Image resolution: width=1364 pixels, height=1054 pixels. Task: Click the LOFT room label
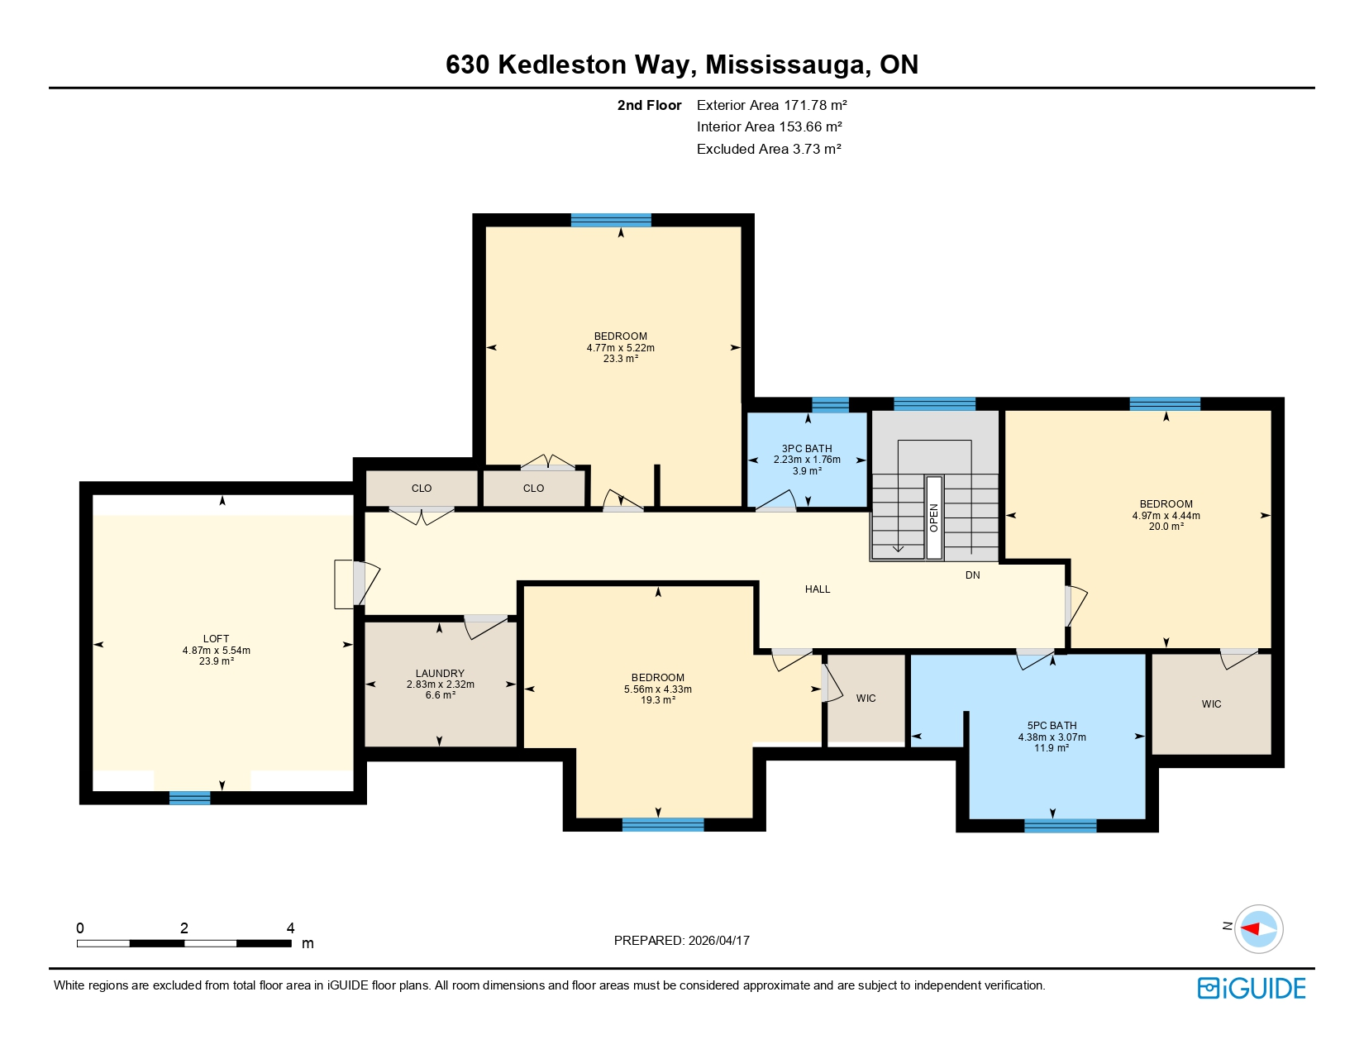(216, 639)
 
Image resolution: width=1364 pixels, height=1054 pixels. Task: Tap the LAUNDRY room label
(440, 674)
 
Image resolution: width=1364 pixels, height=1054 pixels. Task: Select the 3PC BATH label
(807, 449)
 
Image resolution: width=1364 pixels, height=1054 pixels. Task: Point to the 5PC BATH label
(1052, 726)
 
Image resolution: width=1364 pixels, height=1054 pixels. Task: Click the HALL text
(818, 589)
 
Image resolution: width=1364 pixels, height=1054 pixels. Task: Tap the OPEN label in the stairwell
(934, 517)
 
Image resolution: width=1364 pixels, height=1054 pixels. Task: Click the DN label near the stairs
(973, 575)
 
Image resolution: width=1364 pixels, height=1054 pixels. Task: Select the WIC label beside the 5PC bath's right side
(1211, 704)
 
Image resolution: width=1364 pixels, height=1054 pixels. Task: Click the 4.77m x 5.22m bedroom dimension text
(620, 348)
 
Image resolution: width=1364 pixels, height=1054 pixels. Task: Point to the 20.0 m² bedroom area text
(1166, 527)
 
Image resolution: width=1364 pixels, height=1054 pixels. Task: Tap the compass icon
(1258, 928)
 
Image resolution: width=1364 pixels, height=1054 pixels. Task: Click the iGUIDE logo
(1252, 988)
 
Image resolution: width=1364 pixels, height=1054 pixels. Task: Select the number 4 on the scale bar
(290, 928)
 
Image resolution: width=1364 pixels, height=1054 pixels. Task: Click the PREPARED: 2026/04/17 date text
(681, 941)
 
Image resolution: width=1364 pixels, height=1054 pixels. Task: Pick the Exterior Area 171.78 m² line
(771, 105)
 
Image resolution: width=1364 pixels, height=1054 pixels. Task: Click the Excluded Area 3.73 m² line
(768, 149)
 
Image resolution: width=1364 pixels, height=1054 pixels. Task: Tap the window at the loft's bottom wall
(189, 798)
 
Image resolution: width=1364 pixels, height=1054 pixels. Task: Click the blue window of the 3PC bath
(830, 404)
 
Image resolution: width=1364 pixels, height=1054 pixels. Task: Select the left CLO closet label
(422, 489)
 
